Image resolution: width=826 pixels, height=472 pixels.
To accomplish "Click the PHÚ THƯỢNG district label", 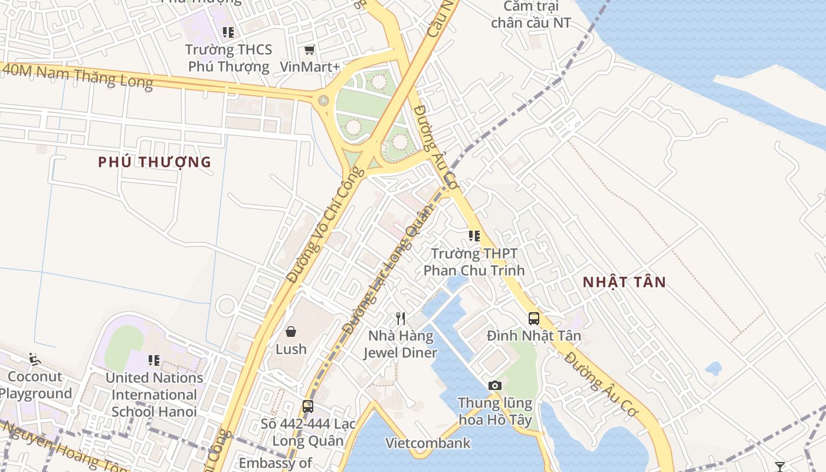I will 155,162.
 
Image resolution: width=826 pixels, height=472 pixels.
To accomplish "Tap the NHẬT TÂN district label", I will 624,282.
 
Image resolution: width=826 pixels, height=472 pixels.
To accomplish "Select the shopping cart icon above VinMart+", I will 310,50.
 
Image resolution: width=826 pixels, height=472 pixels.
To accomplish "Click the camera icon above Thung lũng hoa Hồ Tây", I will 495,385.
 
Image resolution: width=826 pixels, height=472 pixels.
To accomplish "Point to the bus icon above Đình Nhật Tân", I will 534,319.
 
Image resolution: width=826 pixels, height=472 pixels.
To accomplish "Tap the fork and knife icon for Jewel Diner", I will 401,319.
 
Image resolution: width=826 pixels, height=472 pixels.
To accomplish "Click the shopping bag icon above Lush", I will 291,332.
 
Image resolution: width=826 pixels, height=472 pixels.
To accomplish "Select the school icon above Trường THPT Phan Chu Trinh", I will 474,236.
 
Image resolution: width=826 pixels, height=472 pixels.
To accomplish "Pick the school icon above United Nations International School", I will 154,360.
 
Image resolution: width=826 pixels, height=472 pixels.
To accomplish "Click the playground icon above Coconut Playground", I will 34,359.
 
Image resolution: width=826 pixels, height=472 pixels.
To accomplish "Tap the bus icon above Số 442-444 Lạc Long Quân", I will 308,406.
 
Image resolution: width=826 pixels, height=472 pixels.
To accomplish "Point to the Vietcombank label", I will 428,443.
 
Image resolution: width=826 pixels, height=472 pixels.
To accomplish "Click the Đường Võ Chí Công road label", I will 325,224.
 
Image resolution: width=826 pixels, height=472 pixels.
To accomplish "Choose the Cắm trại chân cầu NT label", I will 531,15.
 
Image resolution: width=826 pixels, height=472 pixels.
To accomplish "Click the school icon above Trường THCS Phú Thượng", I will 228,32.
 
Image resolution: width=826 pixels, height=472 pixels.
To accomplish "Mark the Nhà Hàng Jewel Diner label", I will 401,345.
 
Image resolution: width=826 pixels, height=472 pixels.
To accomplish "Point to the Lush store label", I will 291,349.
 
